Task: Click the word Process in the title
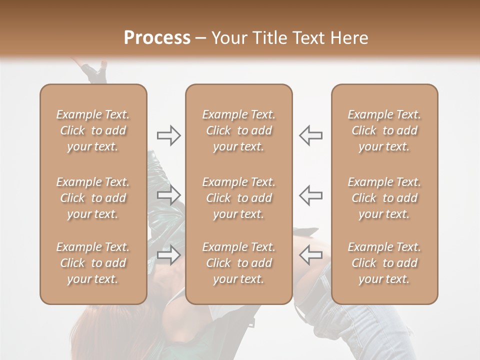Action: pyautogui.click(x=157, y=38)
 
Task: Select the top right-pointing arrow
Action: pyautogui.click(x=168, y=135)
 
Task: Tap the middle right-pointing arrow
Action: pyautogui.click(x=168, y=195)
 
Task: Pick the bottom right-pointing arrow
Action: pyautogui.click(x=168, y=255)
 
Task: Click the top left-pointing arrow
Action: pyautogui.click(x=310, y=135)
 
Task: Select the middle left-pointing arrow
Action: pyautogui.click(x=310, y=195)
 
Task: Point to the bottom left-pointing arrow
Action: pyautogui.click(x=310, y=255)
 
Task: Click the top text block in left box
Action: pyautogui.click(x=93, y=130)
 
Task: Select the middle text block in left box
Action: pyautogui.click(x=93, y=198)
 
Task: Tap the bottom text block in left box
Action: pyautogui.click(x=93, y=263)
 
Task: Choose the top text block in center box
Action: pyautogui.click(x=238, y=130)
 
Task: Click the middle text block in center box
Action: pyautogui.click(x=238, y=198)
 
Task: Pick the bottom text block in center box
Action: pyautogui.click(x=238, y=263)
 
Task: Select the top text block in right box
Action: pyautogui.click(x=384, y=130)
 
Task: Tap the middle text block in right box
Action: pyautogui.click(x=384, y=198)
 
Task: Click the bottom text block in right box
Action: pyautogui.click(x=384, y=263)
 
